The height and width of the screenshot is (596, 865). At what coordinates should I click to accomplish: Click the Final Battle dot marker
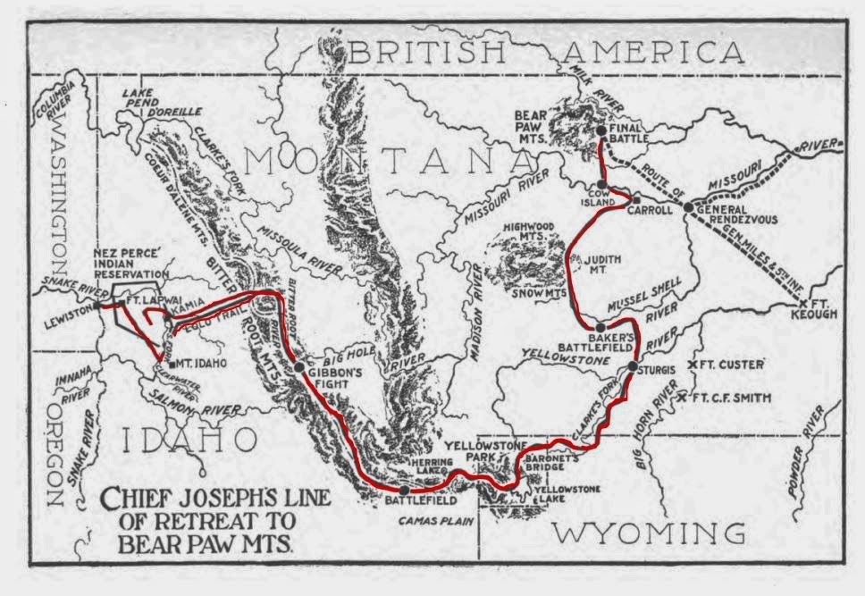tap(601, 131)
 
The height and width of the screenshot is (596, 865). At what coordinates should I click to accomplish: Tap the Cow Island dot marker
tap(603, 185)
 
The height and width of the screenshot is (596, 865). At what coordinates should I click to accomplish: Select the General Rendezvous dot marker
tap(688, 207)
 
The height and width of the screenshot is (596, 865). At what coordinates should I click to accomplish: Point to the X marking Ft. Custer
tap(691, 365)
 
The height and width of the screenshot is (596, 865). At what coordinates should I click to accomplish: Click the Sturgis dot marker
tap(633, 366)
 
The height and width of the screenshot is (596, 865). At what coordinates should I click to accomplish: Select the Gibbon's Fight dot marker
tap(299, 365)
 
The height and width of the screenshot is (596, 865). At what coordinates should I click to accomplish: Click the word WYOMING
tap(648, 533)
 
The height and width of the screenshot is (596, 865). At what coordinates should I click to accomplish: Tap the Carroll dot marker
tap(637, 198)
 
